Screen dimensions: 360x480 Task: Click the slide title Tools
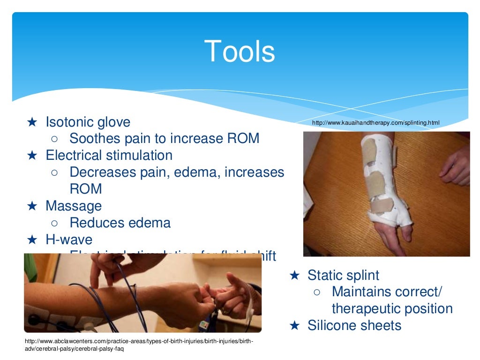pos(240,51)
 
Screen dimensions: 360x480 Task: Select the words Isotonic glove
pos(88,122)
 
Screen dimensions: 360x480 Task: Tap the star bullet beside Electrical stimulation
pos(32,155)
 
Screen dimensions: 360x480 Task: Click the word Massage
pos(74,206)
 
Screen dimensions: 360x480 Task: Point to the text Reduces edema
pos(120,223)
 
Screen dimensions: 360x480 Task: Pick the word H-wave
pos(69,240)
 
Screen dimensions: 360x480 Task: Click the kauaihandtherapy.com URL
pos(375,123)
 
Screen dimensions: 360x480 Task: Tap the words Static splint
pos(343,275)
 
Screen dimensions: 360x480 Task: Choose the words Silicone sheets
pos(354,325)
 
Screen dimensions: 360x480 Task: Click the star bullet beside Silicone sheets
pos(294,325)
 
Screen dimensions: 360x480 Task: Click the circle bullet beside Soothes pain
pos(54,139)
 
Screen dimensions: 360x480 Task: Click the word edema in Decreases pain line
pos(194,172)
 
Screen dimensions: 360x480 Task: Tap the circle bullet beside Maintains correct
pos(317,292)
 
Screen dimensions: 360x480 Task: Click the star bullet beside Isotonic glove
pos(32,122)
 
